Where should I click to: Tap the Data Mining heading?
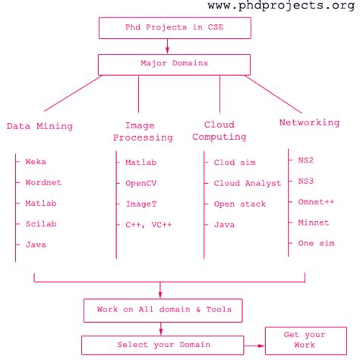(39, 125)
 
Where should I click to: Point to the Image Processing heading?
(143, 131)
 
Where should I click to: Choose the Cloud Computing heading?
(219, 131)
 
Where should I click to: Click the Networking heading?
(309, 122)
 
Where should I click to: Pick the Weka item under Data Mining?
(36, 162)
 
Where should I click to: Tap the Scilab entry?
(41, 223)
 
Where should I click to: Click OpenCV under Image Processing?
(141, 183)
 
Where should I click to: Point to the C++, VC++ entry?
(148, 225)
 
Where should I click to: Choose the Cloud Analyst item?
(247, 183)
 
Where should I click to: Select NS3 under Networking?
(305, 181)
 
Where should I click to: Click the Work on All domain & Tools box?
(164, 310)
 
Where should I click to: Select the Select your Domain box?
(163, 345)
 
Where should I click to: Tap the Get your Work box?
(305, 339)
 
